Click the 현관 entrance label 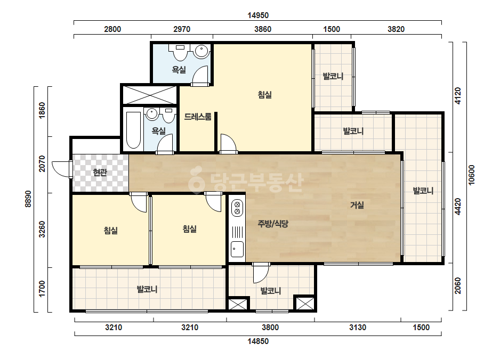[100, 172]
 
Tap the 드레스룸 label [198, 117]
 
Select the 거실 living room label [357, 205]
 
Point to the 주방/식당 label [273, 224]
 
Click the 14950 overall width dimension [258, 15]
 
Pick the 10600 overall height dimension [472, 175]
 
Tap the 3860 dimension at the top [263, 29]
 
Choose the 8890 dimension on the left [28, 199]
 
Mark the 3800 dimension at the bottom [270, 328]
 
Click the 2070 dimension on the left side [42, 163]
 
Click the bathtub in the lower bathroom [133, 130]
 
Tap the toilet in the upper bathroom [180, 53]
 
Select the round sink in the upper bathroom [201, 51]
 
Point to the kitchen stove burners [237, 208]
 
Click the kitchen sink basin [237, 250]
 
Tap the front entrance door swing [61, 169]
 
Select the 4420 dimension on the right [458, 207]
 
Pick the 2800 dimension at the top [112, 29]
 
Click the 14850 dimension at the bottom [258, 341]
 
